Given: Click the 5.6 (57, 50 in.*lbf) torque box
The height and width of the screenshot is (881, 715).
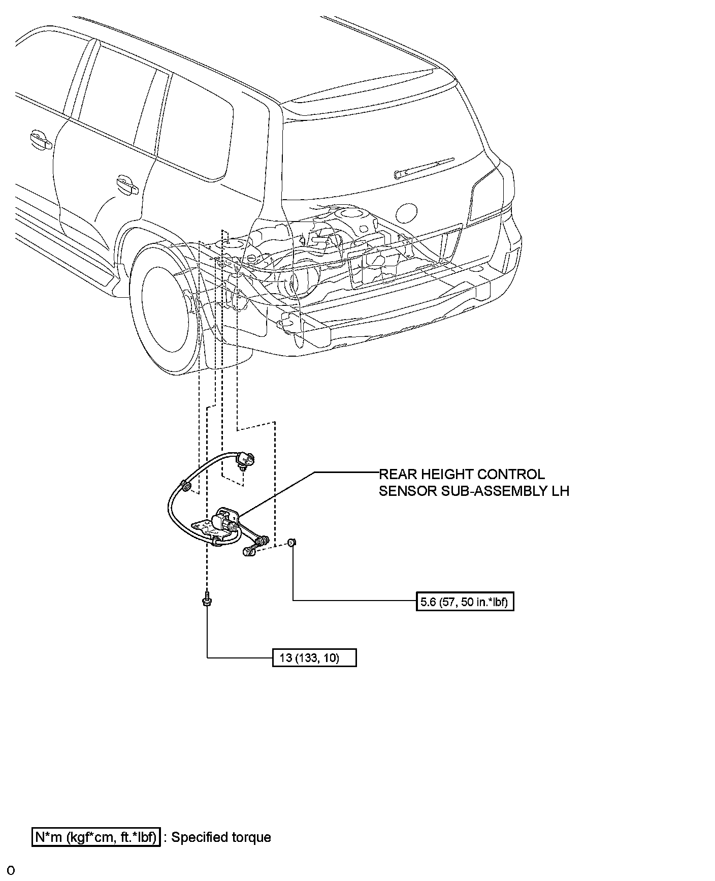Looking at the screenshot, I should [465, 602].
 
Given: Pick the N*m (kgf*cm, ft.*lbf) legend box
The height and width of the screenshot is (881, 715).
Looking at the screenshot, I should [96, 837].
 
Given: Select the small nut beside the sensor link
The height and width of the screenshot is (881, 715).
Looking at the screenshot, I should [291, 543].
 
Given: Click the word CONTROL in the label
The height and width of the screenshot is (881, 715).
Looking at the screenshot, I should [513, 475].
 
